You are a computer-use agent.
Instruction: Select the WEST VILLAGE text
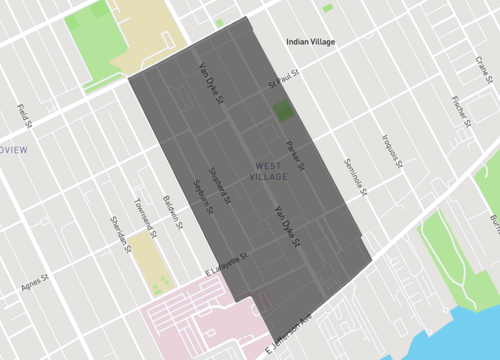click(x=269, y=171)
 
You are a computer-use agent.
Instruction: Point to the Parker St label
click(x=294, y=155)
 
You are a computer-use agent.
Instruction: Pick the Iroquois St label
click(x=391, y=149)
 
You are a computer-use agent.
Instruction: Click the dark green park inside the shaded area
click(x=285, y=111)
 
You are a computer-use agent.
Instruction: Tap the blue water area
click(x=450, y=335)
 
